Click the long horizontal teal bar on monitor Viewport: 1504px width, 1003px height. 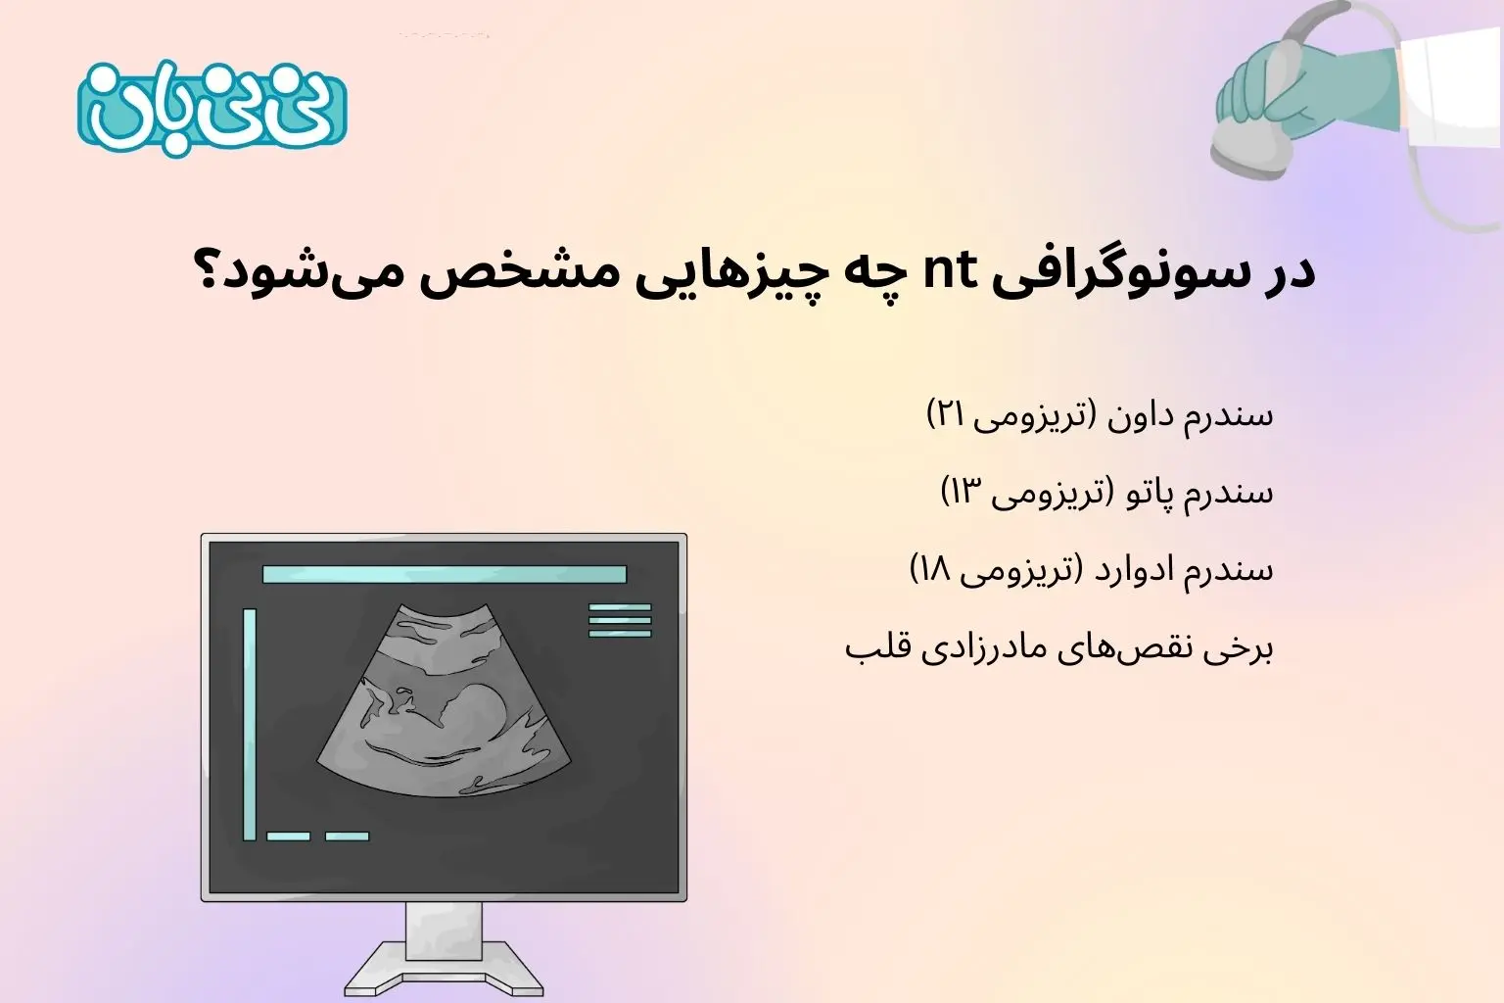[444, 574]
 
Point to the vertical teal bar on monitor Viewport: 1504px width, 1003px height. [250, 724]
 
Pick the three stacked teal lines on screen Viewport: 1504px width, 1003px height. [620, 621]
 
